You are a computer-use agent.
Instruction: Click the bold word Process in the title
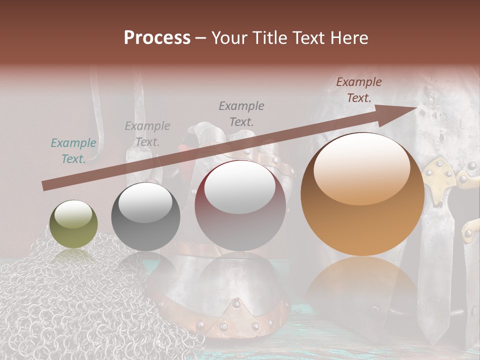tap(157, 38)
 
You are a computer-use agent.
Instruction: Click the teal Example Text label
tap(73, 151)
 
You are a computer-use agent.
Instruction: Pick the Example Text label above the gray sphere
tap(147, 133)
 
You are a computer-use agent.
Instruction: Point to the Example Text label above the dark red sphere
tap(241, 113)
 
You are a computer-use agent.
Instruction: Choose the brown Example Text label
tap(359, 90)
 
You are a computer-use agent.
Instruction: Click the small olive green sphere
tap(73, 224)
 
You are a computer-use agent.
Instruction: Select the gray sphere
tap(145, 217)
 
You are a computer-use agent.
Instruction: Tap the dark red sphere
tap(240, 205)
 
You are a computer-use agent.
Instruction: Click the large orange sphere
tap(362, 195)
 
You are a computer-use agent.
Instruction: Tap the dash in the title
tap(201, 38)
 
